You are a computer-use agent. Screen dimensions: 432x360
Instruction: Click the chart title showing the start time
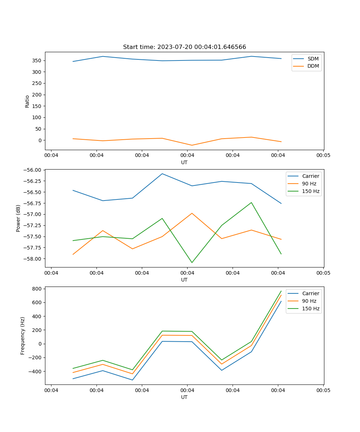pyautogui.click(x=184, y=47)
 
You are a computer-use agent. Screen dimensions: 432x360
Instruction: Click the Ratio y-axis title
pyautogui.click(x=27, y=101)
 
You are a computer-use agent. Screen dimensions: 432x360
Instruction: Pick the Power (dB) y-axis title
pyautogui.click(x=18, y=218)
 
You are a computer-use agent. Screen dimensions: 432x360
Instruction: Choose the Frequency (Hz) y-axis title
pyautogui.click(x=23, y=336)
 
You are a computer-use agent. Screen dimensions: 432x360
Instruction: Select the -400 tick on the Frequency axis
pyautogui.click(x=36, y=372)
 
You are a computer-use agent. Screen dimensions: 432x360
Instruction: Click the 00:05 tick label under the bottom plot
pyautogui.click(x=323, y=390)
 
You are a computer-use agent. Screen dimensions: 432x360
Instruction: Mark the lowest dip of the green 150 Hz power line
pyautogui.click(x=192, y=262)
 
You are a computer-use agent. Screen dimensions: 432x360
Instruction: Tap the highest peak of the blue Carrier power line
pyautogui.click(x=162, y=174)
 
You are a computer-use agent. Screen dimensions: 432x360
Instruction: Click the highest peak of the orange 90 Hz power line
pyautogui.click(x=192, y=213)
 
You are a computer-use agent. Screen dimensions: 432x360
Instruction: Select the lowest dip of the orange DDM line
pyautogui.click(x=192, y=145)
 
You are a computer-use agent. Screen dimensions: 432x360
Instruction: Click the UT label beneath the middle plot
pyautogui.click(x=184, y=280)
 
